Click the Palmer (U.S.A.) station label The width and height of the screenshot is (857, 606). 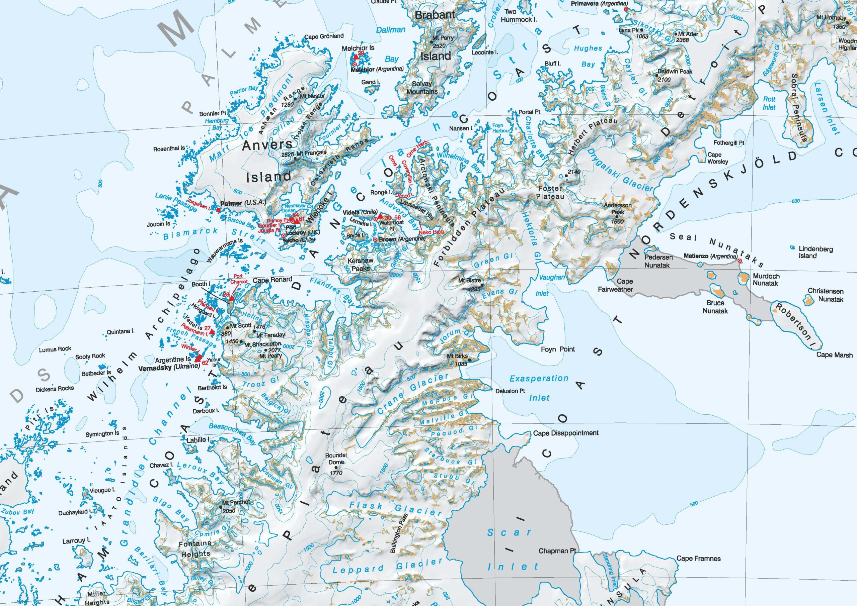(x=243, y=203)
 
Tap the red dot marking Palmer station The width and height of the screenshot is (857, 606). (x=219, y=210)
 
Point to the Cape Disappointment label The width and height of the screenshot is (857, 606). (x=566, y=433)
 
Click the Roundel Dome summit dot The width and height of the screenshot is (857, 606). (x=336, y=467)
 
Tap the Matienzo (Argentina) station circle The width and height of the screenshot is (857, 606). (x=739, y=261)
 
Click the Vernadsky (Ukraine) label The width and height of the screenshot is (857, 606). (x=169, y=367)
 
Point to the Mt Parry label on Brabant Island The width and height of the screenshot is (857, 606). (x=443, y=38)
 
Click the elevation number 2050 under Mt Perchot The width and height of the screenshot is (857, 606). (x=229, y=510)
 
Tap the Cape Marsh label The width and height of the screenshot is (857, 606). (x=834, y=355)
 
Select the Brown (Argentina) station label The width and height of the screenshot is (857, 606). (x=402, y=239)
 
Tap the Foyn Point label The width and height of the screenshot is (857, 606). (x=558, y=349)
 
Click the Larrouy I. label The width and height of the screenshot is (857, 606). (x=76, y=541)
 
